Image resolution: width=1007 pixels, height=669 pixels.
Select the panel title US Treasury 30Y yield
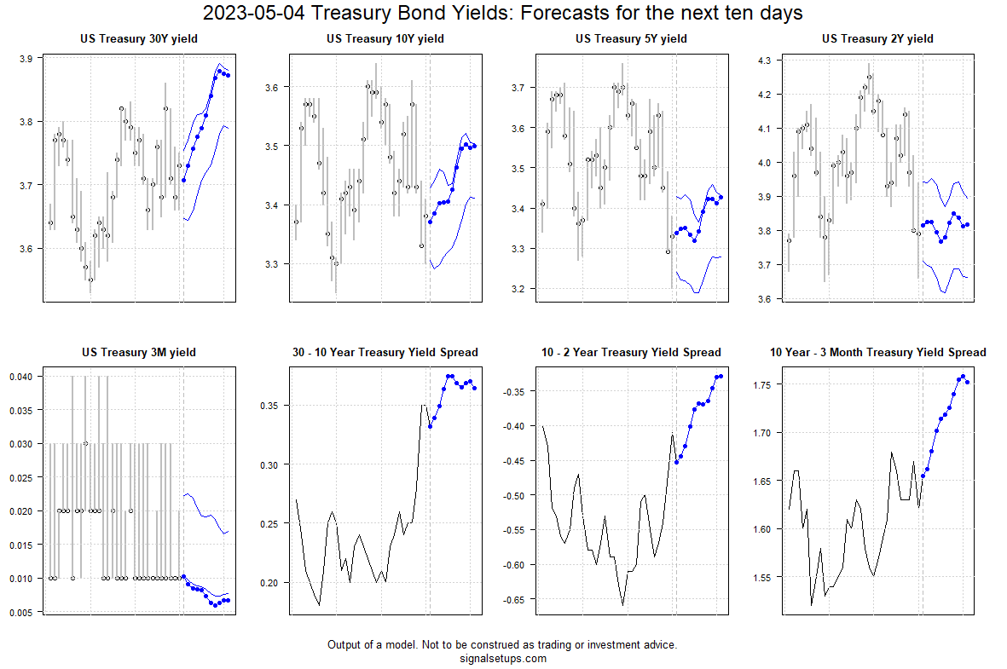pyautogui.click(x=138, y=38)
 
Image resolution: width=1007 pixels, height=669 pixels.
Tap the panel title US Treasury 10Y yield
pyautogui.click(x=385, y=38)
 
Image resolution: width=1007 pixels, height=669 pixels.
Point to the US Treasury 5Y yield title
pyautogui.click(x=631, y=38)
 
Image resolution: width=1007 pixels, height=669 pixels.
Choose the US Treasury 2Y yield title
pyautogui.click(x=877, y=38)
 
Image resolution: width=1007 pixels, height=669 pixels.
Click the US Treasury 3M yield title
pyautogui.click(x=138, y=352)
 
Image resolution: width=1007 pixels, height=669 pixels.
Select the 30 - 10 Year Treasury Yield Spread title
pyautogui.click(x=385, y=352)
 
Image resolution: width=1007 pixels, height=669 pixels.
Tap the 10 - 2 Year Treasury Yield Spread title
pyautogui.click(x=631, y=352)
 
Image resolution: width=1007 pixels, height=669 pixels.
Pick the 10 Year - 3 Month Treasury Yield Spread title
pyautogui.click(x=877, y=352)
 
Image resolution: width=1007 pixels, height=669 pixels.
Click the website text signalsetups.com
pyautogui.click(x=502, y=658)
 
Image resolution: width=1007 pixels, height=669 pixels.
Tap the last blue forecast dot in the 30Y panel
pyautogui.click(x=228, y=76)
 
